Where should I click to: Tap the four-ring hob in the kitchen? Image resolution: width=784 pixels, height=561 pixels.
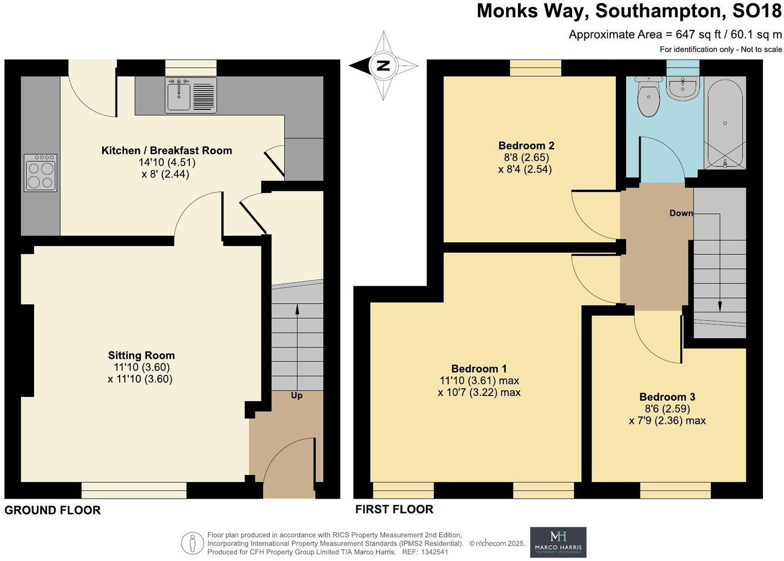click(x=40, y=173)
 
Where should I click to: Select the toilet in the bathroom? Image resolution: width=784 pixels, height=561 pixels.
click(x=648, y=96)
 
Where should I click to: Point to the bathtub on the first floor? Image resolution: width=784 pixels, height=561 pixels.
click(x=725, y=124)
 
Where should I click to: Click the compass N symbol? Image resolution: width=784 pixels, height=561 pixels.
click(x=383, y=65)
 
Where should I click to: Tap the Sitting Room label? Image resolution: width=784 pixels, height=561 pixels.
click(x=141, y=355)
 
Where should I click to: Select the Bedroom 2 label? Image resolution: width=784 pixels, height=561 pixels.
click(x=526, y=145)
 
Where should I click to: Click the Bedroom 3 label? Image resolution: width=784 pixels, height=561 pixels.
click(x=667, y=397)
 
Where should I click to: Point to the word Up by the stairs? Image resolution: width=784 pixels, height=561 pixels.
click(x=297, y=395)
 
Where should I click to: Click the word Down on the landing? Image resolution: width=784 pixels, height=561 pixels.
click(x=681, y=213)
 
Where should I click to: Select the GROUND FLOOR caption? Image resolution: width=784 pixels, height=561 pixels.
click(x=53, y=510)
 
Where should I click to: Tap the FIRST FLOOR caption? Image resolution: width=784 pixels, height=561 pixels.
click(x=394, y=509)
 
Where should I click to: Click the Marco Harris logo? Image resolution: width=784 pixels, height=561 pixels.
click(x=558, y=542)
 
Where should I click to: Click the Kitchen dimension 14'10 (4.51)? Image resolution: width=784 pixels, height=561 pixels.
click(x=167, y=162)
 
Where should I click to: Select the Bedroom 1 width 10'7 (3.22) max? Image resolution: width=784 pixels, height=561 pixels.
click(x=479, y=392)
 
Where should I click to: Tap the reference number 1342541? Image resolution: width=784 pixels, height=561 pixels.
click(x=434, y=552)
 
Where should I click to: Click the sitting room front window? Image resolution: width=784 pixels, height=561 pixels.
click(x=134, y=490)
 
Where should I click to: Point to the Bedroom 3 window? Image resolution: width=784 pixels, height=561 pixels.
click(x=675, y=490)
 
